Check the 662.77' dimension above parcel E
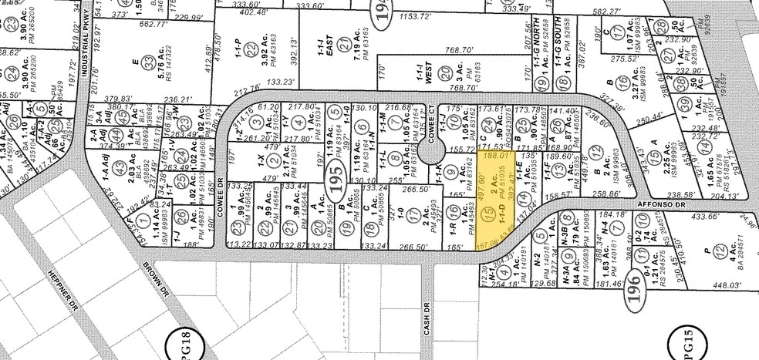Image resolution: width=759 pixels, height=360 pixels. coord(151,24)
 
